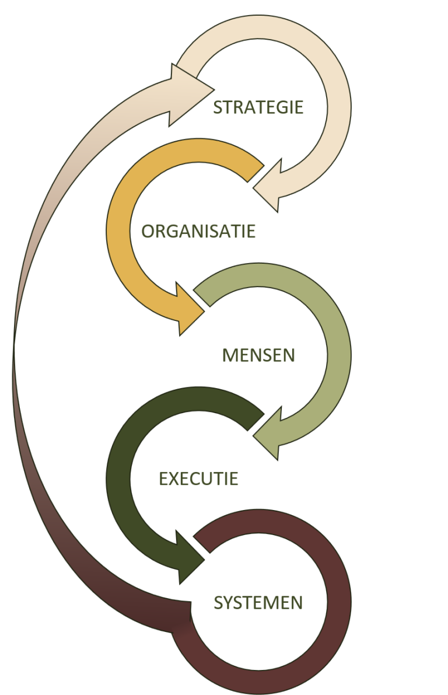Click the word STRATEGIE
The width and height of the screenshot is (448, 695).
(258, 108)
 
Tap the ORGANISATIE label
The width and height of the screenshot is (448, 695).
(198, 231)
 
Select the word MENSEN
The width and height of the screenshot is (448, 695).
(258, 355)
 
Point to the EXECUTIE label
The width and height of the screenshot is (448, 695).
(199, 479)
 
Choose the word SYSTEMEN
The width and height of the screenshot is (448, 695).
(258, 603)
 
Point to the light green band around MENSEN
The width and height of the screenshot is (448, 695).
(337, 350)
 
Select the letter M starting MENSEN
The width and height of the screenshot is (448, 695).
(230, 355)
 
